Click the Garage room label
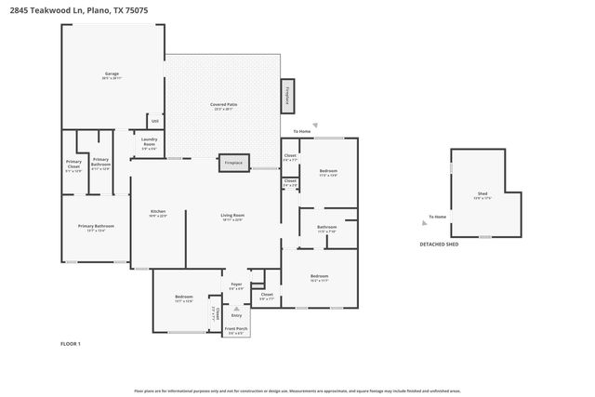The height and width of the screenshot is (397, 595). pos(113,74)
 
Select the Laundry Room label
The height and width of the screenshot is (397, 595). pos(149,144)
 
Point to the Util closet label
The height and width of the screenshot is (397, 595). pos(155,120)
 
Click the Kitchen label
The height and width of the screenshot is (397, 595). pos(159,213)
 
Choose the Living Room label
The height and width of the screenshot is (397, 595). pos(231,217)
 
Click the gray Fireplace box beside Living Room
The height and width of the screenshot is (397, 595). pos(233,163)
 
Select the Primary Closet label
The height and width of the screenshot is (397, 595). pos(73,167)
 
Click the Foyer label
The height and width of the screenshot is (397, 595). pos(236,286)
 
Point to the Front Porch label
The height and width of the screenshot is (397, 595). pos(237,329)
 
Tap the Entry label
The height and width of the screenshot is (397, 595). pos(236,314)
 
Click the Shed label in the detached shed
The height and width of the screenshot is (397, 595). pos(483,194)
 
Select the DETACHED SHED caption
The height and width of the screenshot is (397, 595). pos(439,244)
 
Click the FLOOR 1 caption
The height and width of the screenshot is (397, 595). pos(70,344)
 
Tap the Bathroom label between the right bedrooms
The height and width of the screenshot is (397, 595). pos(326,228)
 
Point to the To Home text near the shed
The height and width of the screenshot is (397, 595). pos(437,217)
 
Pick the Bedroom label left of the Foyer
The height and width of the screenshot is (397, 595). pos(183,298)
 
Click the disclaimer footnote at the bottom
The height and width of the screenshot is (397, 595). pos(297,390)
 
